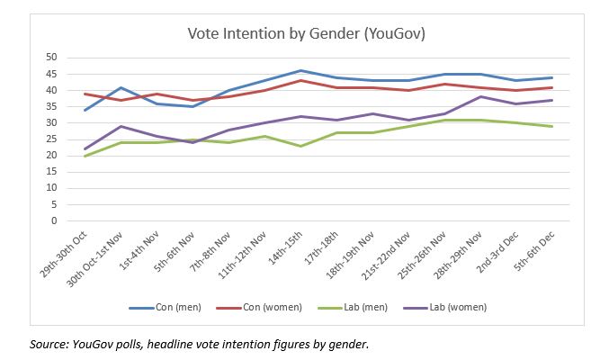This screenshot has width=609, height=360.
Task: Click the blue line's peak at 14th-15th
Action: [x=300, y=70]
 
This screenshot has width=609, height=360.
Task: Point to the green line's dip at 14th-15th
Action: [x=300, y=146]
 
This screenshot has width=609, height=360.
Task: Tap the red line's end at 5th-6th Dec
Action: [x=551, y=87]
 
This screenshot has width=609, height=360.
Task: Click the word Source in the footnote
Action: [x=49, y=343]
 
